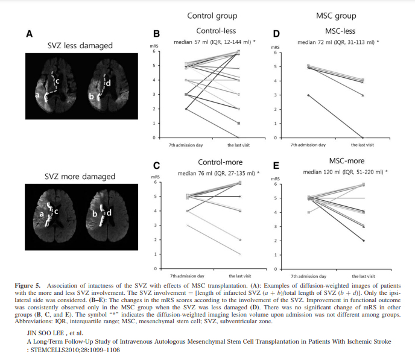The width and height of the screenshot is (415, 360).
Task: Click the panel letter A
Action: coord(30,34)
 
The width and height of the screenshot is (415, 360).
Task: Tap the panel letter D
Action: coord(276,34)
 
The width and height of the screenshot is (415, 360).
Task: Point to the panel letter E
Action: coord(276,166)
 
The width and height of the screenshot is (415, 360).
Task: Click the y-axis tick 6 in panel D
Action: coord(275,52)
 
